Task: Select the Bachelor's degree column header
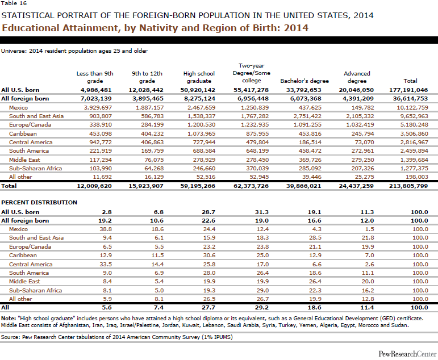[x=305, y=81]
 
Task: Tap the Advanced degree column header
[x=357, y=77]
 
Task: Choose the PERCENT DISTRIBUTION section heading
[x=39, y=202]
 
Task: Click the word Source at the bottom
[x=11, y=336]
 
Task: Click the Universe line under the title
[x=74, y=51]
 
